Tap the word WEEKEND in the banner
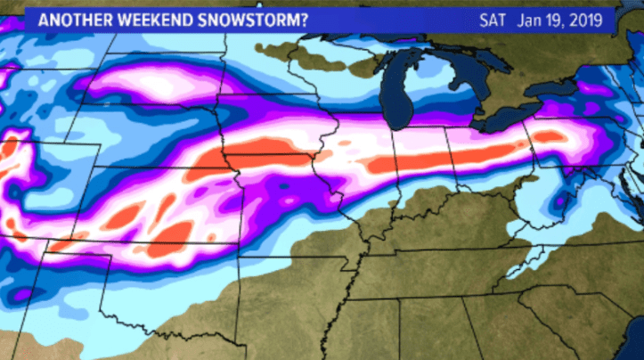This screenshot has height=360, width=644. [150, 19]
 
